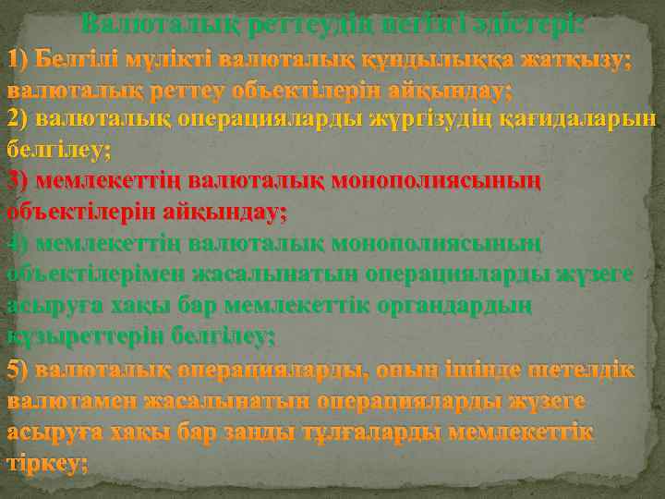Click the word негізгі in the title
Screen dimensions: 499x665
tap(439, 20)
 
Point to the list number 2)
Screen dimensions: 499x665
tap(18, 118)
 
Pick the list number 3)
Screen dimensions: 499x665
tap(18, 179)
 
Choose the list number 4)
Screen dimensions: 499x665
tap(18, 243)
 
